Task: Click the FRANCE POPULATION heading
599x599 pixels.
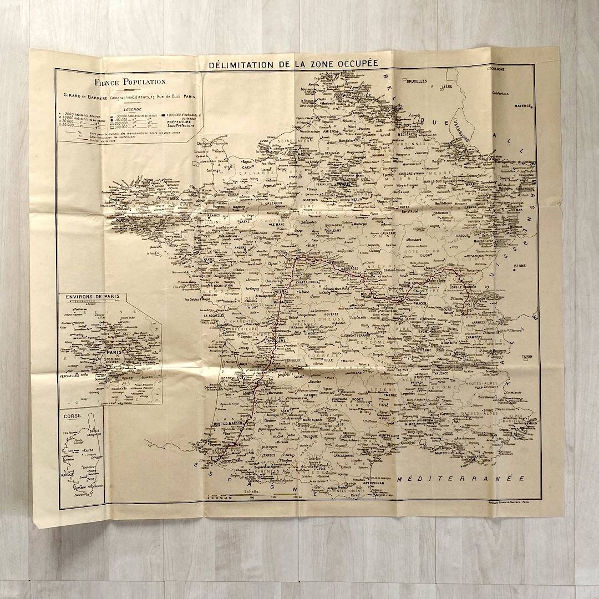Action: pyautogui.click(x=130, y=82)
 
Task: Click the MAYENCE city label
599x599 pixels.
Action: pyautogui.click(x=521, y=105)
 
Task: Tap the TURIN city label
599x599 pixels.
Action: pyautogui.click(x=527, y=357)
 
